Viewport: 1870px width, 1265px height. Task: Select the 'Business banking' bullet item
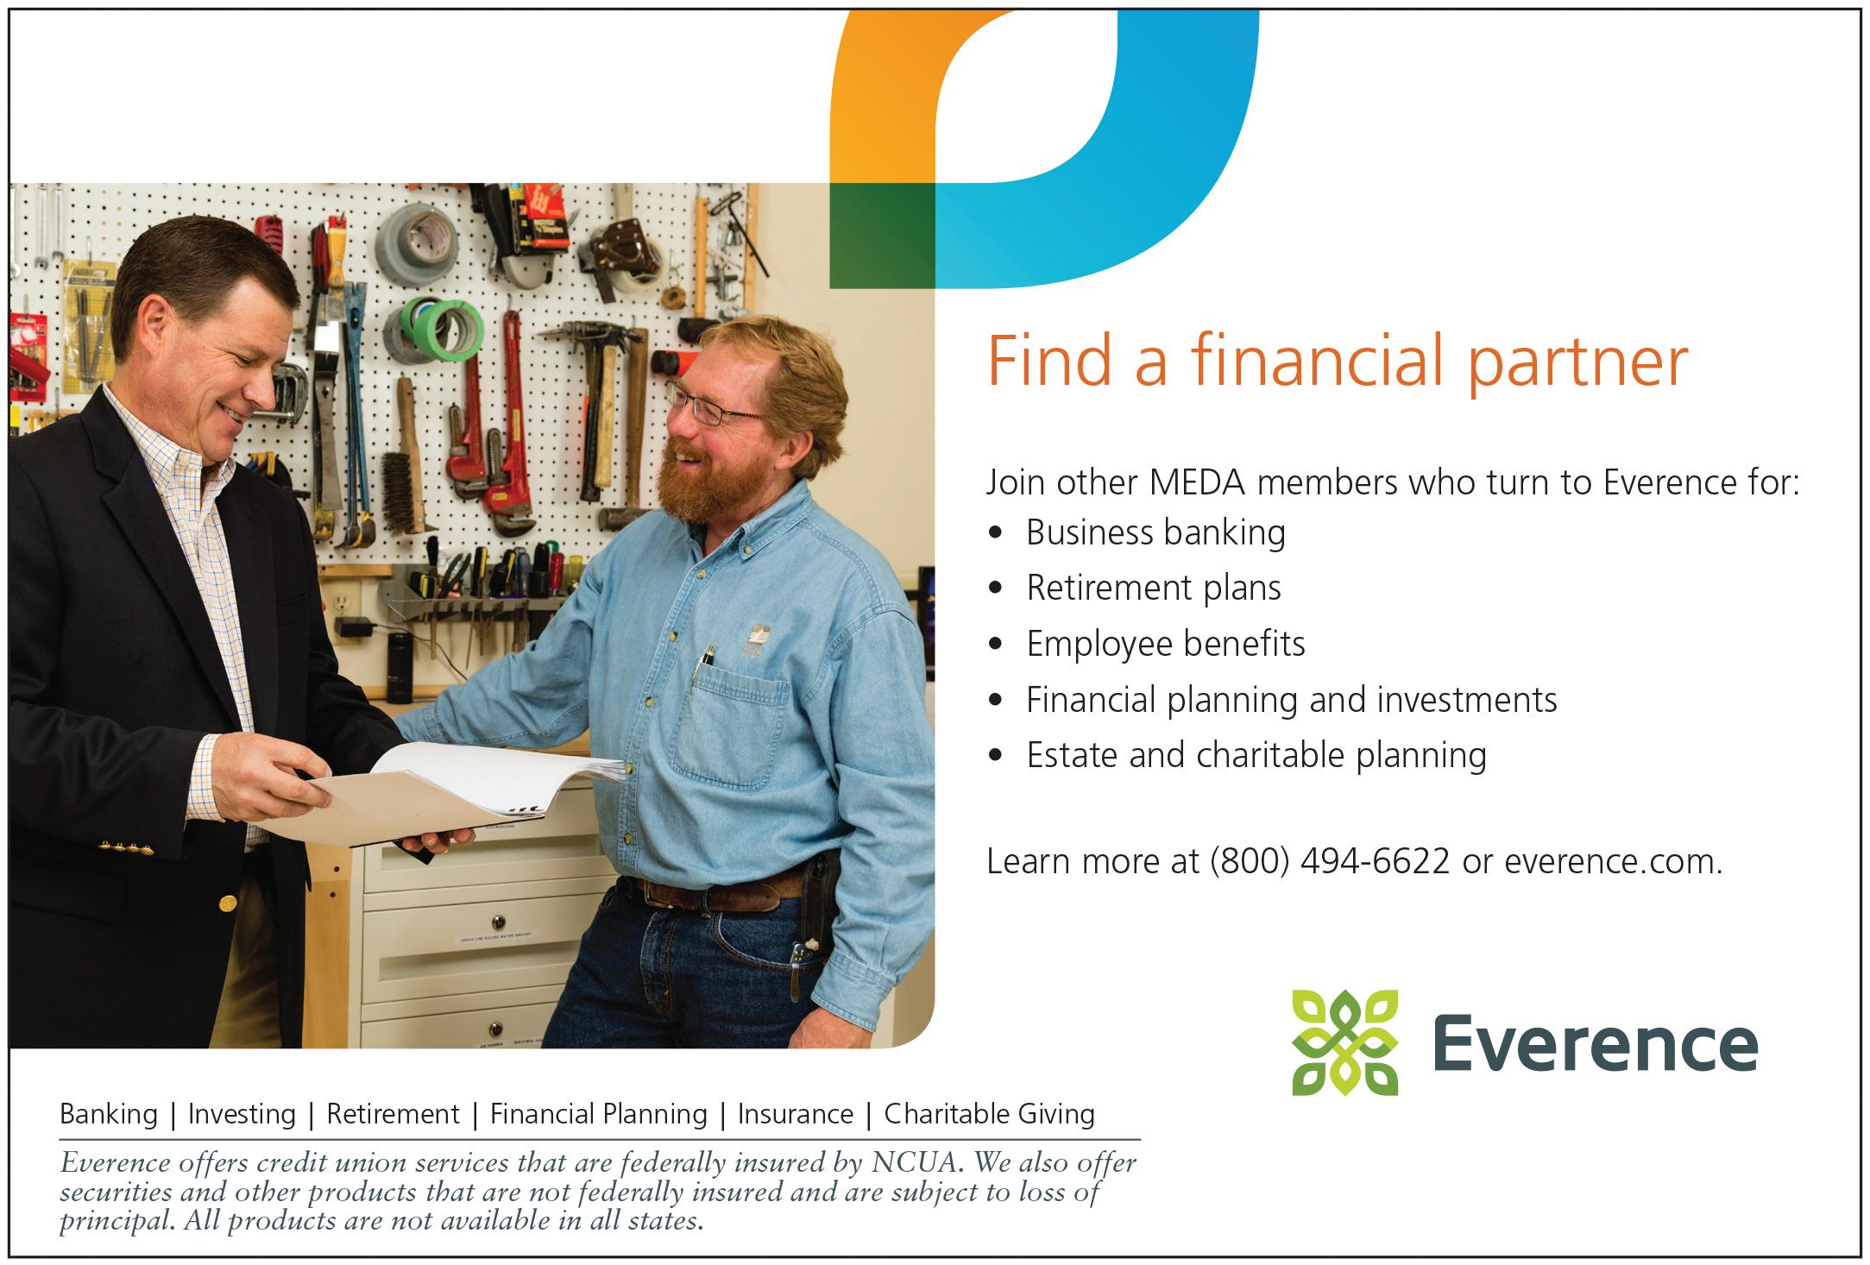point(1155,532)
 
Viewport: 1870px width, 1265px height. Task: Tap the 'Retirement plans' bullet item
point(1154,588)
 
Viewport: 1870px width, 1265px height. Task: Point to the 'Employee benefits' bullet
point(1165,644)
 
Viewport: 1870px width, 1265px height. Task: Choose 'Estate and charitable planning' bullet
point(1256,755)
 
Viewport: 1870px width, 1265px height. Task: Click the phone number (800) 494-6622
point(1330,862)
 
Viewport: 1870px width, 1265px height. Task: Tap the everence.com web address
point(1612,862)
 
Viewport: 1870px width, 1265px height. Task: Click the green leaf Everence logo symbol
point(1344,1042)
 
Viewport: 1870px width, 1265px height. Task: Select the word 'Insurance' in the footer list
point(795,1114)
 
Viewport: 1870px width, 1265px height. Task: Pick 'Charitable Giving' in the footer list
point(989,1114)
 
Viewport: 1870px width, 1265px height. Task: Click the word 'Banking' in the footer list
point(109,1114)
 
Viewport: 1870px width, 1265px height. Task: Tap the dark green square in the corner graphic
point(882,236)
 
